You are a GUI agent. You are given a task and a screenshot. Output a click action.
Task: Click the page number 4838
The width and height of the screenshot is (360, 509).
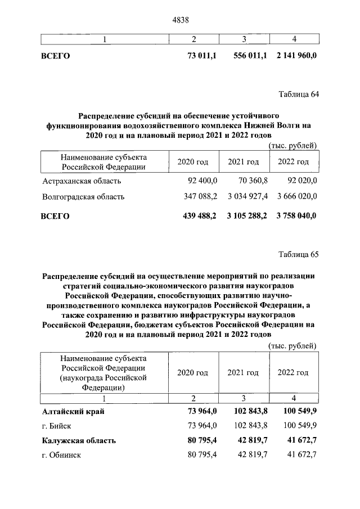(179, 20)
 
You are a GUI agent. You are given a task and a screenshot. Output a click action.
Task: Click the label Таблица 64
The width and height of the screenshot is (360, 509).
(299, 94)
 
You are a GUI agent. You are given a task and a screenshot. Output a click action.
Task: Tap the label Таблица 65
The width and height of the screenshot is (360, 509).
(299, 254)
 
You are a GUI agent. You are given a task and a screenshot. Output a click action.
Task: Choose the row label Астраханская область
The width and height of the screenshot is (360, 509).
(82, 181)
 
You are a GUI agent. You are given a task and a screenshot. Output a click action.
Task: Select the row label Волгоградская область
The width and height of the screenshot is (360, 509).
(83, 197)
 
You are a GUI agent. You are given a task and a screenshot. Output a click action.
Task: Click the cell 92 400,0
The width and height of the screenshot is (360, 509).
(201, 181)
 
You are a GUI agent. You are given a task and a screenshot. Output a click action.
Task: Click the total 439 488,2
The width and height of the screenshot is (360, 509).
(200, 215)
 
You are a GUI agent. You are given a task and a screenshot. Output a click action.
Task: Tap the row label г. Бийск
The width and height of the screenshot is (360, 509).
(56, 426)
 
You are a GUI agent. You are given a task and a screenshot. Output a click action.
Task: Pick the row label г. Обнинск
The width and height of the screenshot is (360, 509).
(61, 455)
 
